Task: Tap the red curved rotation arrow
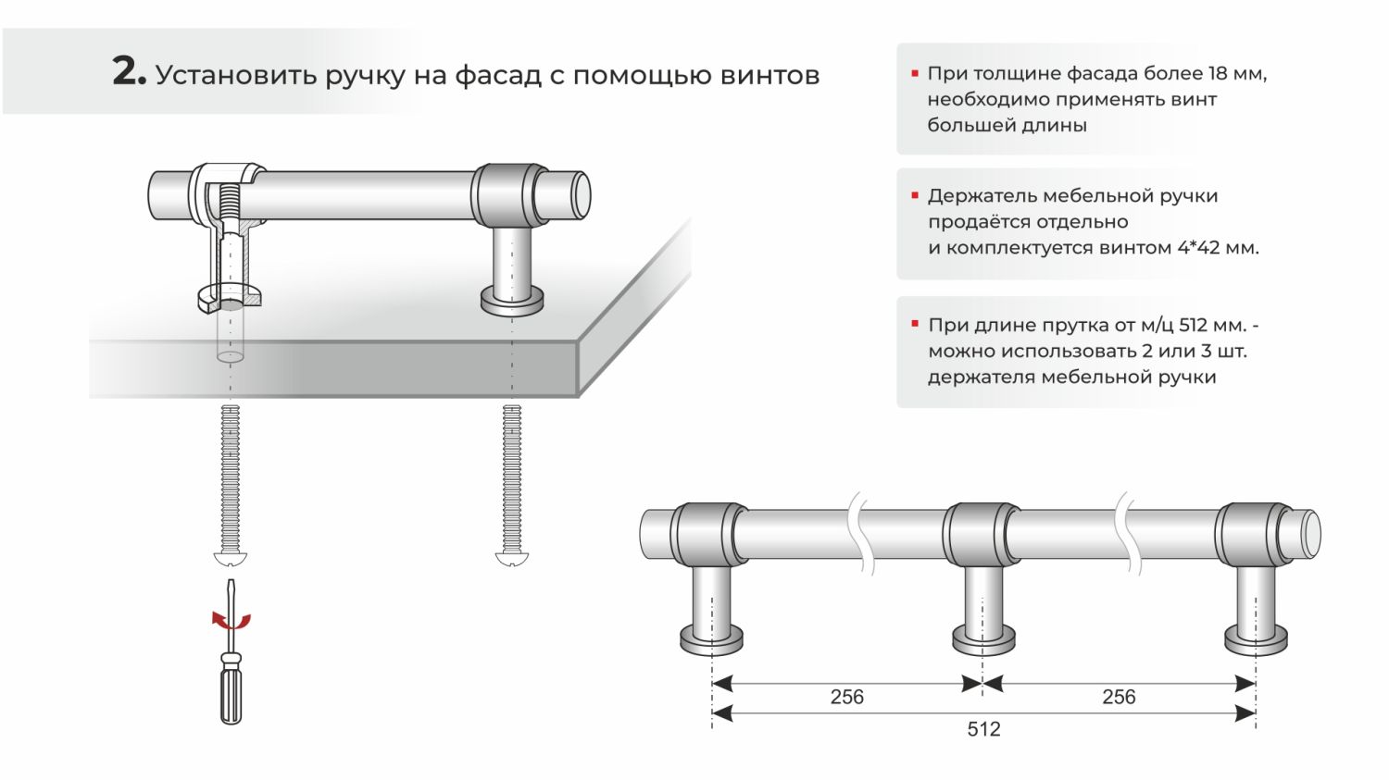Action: point(231,621)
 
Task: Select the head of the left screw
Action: point(231,559)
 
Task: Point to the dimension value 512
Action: point(983,729)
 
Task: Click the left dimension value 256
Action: point(846,697)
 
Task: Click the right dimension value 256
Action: point(1119,697)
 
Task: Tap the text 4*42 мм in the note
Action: point(1222,248)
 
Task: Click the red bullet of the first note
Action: point(915,73)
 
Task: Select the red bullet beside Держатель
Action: point(915,196)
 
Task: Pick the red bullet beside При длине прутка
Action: point(915,325)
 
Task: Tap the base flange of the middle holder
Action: point(983,638)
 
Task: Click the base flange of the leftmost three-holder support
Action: point(711,639)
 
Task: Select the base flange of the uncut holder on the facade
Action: point(511,300)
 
